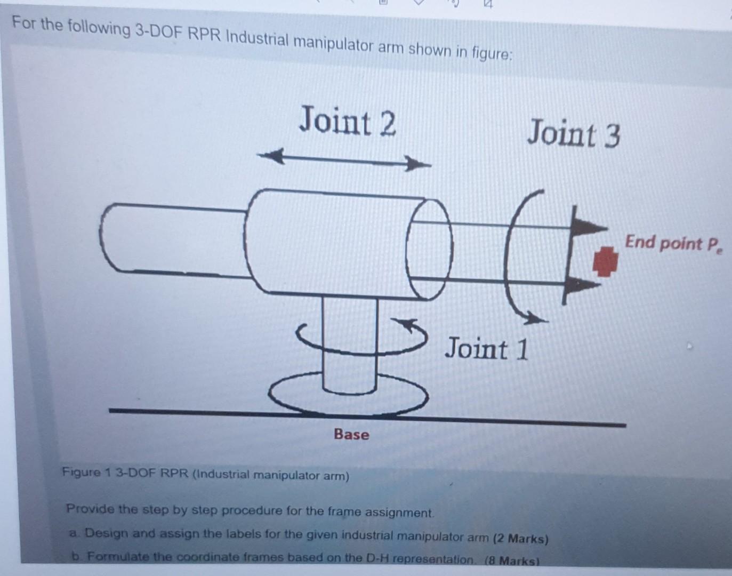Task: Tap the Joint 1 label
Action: pos(487,349)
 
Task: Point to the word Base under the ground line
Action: pos(351,434)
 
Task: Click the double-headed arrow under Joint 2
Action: pos(344,160)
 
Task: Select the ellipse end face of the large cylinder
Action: pos(430,250)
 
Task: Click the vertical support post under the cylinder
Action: pos(350,341)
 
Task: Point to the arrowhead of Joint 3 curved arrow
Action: pos(536,320)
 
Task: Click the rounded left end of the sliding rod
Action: pos(109,237)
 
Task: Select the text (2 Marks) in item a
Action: pos(520,538)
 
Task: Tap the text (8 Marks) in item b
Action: pos(512,561)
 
